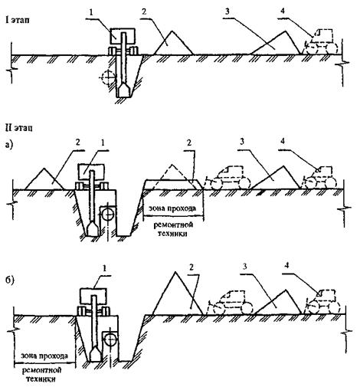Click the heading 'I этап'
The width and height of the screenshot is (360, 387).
[18, 20]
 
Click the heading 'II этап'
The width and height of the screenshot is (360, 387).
[19, 128]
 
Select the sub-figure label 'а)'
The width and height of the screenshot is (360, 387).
[9, 145]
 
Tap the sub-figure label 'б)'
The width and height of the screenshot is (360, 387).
[10, 280]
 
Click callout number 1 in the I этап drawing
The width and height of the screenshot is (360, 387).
[92, 13]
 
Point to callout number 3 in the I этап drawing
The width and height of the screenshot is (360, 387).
[227, 11]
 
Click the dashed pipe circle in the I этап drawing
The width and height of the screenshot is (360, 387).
[107, 77]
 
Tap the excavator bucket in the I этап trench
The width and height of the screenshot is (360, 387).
[124, 90]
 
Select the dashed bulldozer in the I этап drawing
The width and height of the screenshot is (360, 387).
[321, 42]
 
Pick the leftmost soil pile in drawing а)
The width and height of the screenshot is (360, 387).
[44, 179]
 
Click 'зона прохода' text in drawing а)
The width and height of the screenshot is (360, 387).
[172, 208]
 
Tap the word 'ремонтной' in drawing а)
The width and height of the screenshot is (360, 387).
[173, 225]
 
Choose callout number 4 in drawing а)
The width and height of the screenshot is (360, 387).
[283, 141]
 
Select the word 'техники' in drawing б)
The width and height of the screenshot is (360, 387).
[41, 379]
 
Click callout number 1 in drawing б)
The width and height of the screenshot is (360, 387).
[104, 268]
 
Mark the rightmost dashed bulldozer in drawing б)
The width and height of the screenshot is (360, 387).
[323, 302]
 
